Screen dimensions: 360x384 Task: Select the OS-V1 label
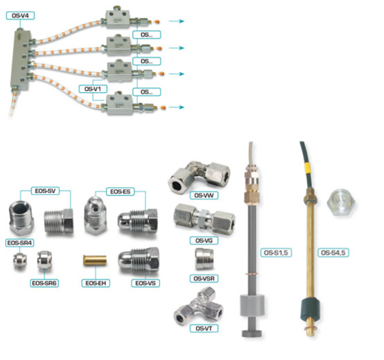point(93,88)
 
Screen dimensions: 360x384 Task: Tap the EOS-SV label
point(45,192)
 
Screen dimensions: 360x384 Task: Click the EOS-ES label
point(119,192)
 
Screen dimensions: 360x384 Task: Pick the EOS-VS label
point(146,282)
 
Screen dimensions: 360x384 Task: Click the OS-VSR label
point(203,279)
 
